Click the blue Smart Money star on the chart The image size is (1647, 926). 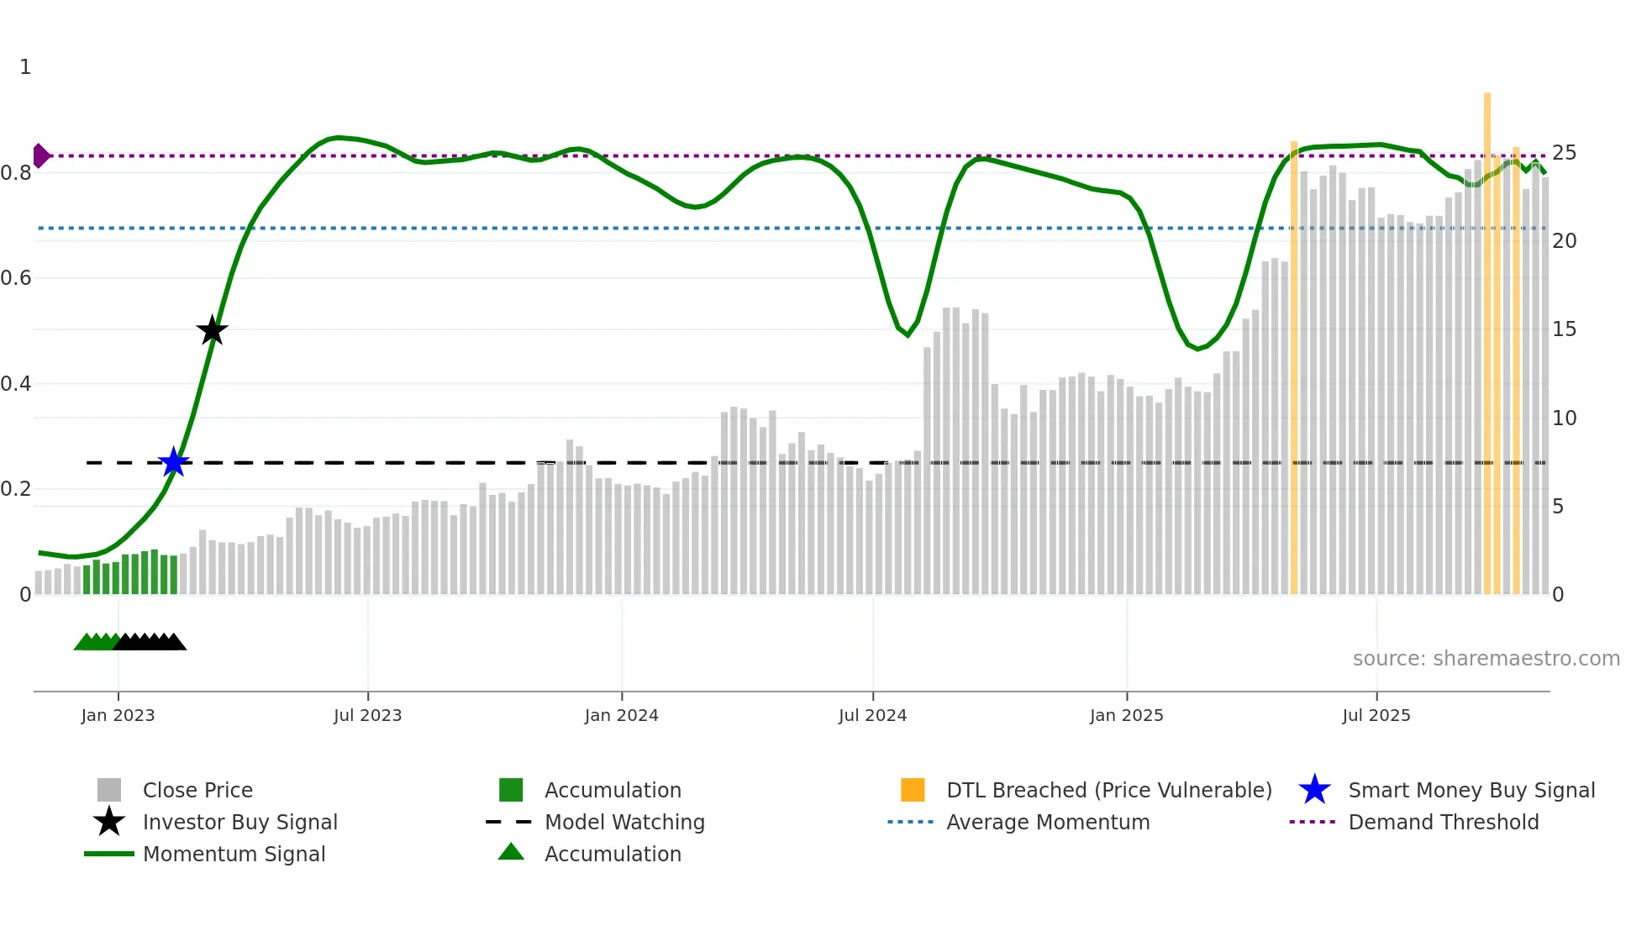tap(174, 462)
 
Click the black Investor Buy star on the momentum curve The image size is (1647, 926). tap(212, 330)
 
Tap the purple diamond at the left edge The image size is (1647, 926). tap(40, 155)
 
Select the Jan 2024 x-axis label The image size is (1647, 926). tap(621, 715)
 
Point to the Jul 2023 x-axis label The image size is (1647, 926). tap(367, 715)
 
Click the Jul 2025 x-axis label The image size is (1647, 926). tap(1376, 715)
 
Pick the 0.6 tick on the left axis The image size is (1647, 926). tap(17, 278)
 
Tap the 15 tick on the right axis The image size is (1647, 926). tap(1564, 329)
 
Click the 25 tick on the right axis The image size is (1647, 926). tap(1564, 153)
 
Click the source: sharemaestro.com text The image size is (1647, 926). tap(1486, 659)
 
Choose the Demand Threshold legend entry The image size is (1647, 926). tap(1443, 822)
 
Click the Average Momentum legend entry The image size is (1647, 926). tap(1047, 822)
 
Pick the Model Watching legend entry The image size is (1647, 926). tap(624, 822)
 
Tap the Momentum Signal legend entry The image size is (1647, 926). tap(234, 854)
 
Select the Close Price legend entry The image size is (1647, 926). tap(197, 790)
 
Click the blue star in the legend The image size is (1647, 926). tap(1314, 790)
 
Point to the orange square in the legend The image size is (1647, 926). tap(913, 790)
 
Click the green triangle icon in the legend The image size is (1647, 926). tap(511, 852)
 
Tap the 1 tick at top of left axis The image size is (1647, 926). tap(25, 67)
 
